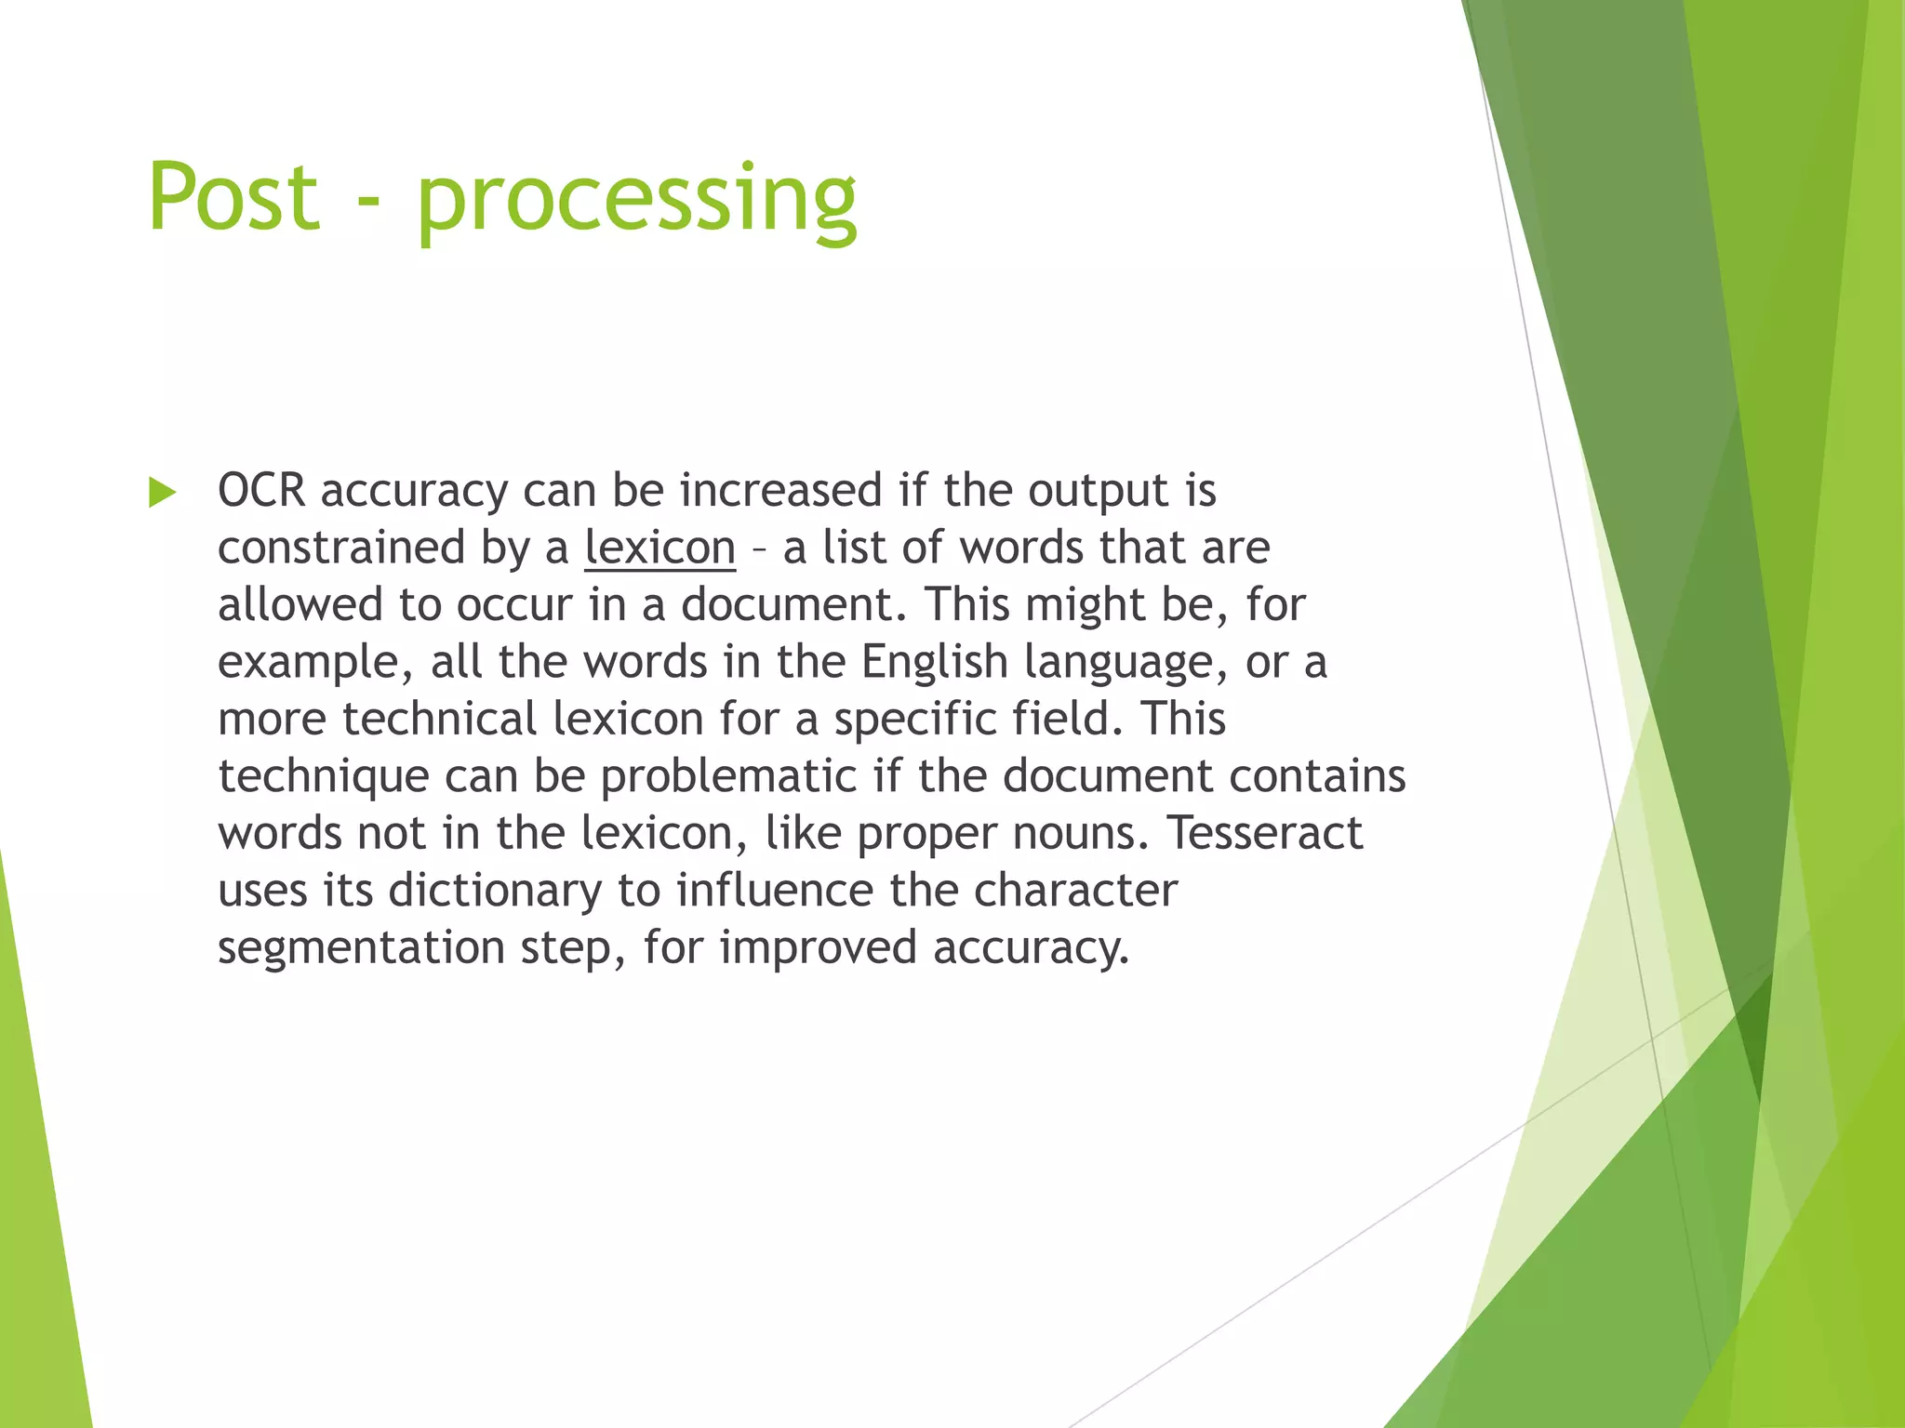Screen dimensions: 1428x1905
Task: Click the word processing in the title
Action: coord(636,200)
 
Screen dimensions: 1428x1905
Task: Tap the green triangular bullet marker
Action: coord(162,493)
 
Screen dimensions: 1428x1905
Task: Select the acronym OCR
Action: coord(261,490)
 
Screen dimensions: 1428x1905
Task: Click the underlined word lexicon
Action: coord(659,548)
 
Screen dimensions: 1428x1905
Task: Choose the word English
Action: coord(934,662)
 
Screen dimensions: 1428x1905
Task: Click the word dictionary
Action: coord(495,891)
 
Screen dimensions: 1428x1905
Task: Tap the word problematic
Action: coord(728,776)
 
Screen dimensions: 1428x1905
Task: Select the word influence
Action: coord(775,890)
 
